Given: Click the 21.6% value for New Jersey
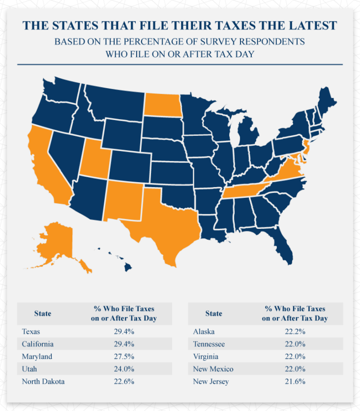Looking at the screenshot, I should coord(295,381).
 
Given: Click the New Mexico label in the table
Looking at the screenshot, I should coord(213,369).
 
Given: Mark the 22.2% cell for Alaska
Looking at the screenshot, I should coord(295,331).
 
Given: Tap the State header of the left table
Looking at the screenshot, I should coord(42,313).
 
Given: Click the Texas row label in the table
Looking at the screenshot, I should coord(31,331).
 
